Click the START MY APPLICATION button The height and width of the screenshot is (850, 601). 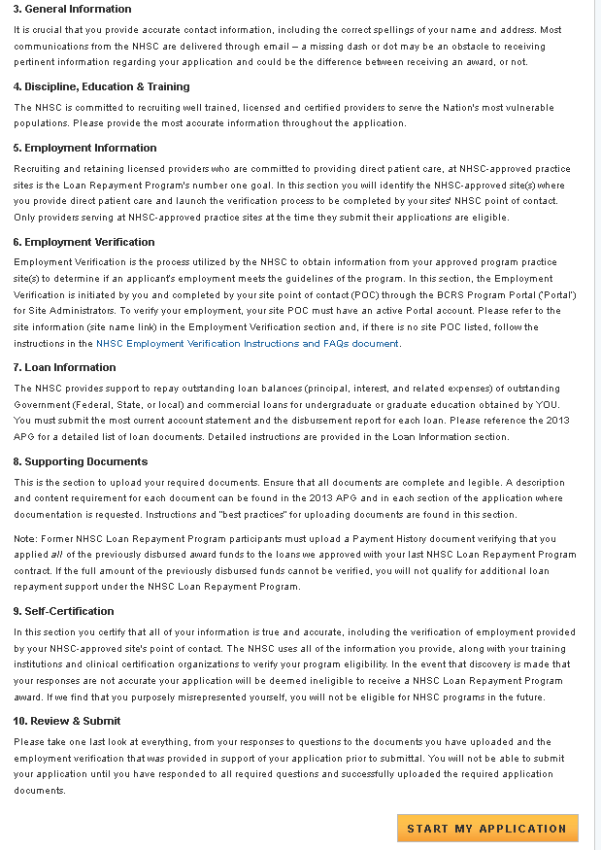tap(486, 829)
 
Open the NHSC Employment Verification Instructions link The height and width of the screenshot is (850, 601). tap(248, 344)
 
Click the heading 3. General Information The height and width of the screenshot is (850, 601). tap(72, 9)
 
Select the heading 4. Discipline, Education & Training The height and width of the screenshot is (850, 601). tap(101, 86)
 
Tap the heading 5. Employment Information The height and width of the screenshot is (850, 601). tap(84, 148)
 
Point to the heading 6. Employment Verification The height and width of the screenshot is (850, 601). tap(83, 242)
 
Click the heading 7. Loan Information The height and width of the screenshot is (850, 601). tap(64, 367)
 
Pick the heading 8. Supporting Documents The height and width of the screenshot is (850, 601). tap(81, 461)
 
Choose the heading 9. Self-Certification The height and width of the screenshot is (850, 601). tap(63, 611)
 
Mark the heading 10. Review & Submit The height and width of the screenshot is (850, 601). tap(67, 721)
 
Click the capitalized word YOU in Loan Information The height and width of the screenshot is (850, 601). tap(549, 404)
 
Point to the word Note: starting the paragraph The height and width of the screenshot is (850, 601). tap(25, 538)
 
